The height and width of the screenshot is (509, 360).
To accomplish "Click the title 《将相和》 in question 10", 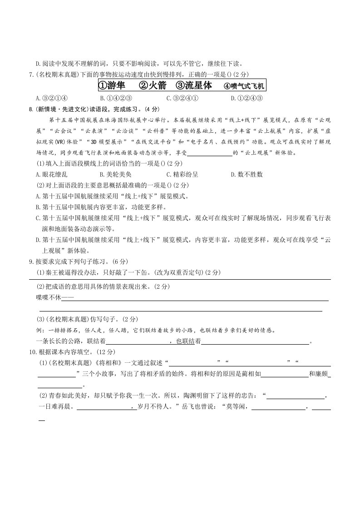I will (106, 362).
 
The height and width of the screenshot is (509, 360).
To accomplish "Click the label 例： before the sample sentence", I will (40, 330).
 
